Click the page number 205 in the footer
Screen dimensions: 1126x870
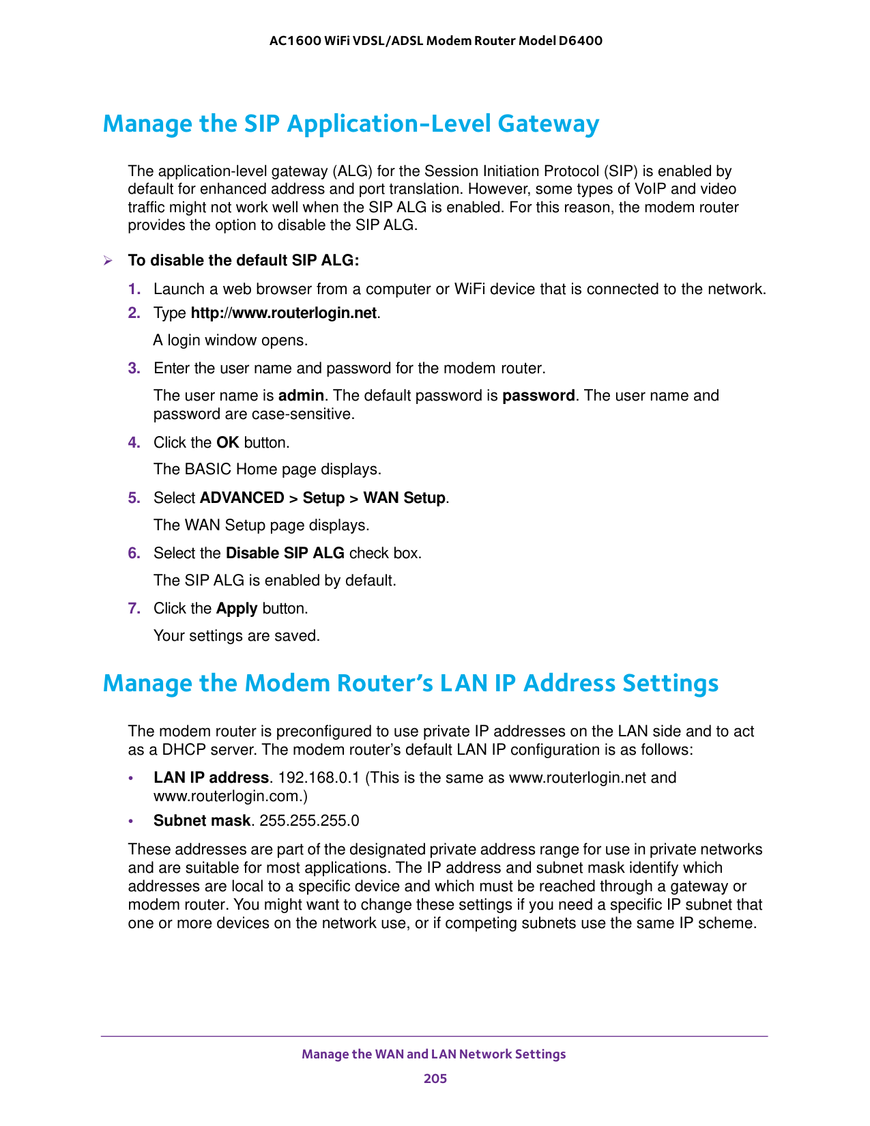(435, 1078)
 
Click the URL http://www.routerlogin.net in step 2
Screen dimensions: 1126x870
(284, 313)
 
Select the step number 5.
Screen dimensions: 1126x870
(134, 498)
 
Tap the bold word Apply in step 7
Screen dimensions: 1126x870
(237, 608)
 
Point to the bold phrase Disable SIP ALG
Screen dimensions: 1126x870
(285, 553)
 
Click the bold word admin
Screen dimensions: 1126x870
(301, 396)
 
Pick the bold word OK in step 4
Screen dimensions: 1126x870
(227, 442)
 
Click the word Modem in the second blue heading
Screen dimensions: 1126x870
(287, 683)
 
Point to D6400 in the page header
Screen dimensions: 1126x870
(580, 41)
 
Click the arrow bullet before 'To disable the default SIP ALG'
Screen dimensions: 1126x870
(107, 261)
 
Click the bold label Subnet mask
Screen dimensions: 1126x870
(202, 820)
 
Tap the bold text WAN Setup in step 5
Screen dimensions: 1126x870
(404, 498)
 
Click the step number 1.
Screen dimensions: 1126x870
(134, 289)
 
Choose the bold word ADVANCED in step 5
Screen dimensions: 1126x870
(242, 498)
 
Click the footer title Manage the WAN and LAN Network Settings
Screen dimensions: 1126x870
(434, 1054)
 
